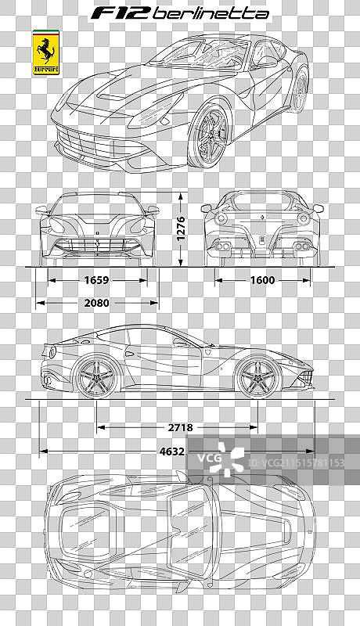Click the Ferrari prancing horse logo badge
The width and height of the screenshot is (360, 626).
tap(45, 53)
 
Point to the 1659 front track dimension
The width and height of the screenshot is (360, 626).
tap(95, 279)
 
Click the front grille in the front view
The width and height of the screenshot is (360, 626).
tap(97, 245)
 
